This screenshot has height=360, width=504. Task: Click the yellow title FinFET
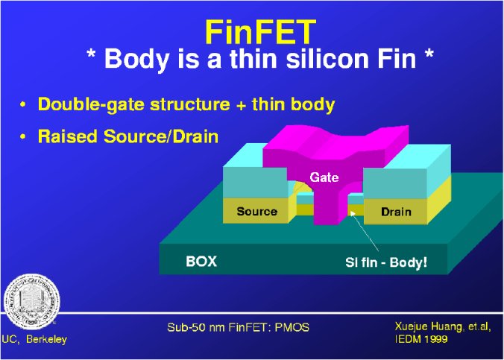pyautogui.click(x=260, y=33)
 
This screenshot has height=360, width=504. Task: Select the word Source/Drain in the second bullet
pyautogui.click(x=161, y=136)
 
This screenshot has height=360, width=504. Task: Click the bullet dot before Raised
pyautogui.click(x=22, y=137)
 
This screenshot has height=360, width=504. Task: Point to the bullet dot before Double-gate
pyautogui.click(x=22, y=105)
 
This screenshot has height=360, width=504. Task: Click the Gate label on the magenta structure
pyautogui.click(x=324, y=177)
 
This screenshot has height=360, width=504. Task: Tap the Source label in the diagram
pyautogui.click(x=256, y=211)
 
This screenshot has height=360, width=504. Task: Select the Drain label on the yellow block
pyautogui.click(x=396, y=212)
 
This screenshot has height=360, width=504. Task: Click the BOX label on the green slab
pyautogui.click(x=201, y=262)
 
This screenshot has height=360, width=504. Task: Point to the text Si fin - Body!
pyautogui.click(x=386, y=262)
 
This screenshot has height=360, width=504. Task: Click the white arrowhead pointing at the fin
pyautogui.click(x=353, y=213)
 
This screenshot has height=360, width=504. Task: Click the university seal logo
pyautogui.click(x=32, y=302)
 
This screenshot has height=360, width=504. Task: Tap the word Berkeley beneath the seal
pyautogui.click(x=47, y=339)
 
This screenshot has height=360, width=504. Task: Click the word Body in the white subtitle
pyautogui.click(x=136, y=59)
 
